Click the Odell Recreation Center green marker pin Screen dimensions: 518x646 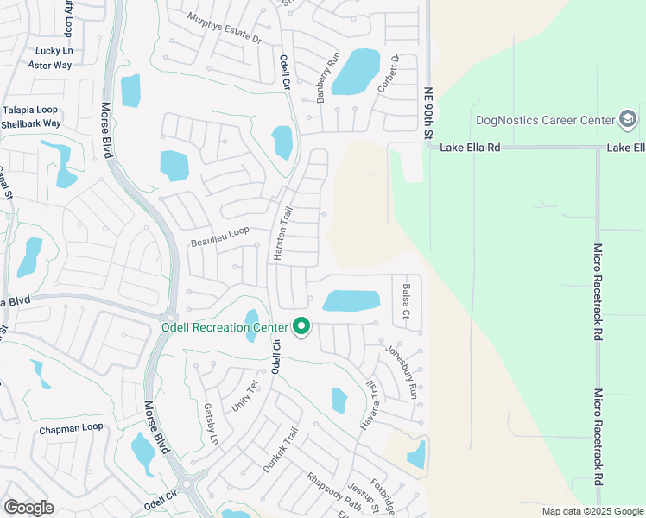(x=301, y=327)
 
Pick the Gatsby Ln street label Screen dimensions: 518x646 (x=211, y=424)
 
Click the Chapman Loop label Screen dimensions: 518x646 (x=71, y=428)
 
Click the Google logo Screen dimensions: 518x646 (x=28, y=508)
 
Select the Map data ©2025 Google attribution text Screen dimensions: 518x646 (x=592, y=511)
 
